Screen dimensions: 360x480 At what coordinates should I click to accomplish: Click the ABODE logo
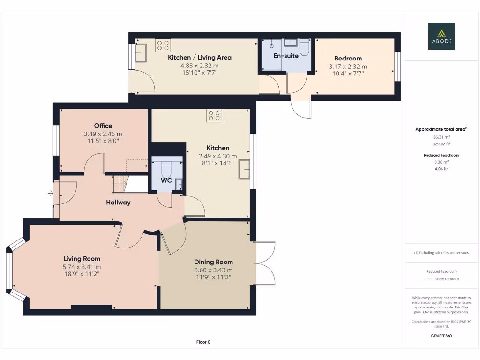[441, 37]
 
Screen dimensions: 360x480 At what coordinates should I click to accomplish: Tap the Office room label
[103, 126]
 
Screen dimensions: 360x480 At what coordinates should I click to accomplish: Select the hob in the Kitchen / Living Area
[163, 45]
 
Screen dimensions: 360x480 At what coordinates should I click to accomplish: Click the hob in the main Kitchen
[215, 115]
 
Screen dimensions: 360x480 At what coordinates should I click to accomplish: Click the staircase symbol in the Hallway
[120, 183]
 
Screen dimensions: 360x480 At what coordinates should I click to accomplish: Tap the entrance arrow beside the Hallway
[50, 193]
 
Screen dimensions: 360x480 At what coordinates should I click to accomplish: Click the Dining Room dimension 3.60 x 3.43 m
[213, 270]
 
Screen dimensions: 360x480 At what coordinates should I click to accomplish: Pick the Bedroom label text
[348, 58]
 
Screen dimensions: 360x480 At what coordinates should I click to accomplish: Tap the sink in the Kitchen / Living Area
[141, 53]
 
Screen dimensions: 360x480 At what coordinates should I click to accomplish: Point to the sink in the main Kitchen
[244, 169]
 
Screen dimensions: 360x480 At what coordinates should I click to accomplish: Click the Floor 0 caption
[203, 342]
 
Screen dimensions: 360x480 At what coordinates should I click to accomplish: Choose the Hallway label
[118, 202]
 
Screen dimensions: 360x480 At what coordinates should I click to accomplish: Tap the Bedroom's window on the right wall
[397, 66]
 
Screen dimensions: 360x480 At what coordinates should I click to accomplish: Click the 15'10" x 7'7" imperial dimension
[199, 73]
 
